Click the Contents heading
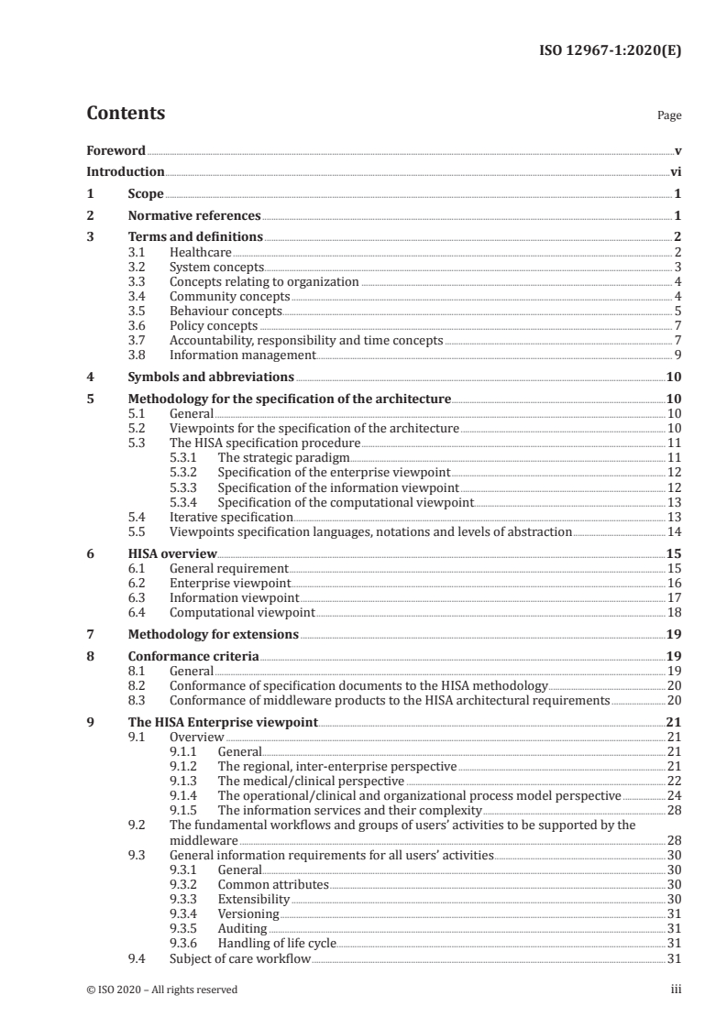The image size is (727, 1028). [126, 114]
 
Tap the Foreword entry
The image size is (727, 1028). [116, 150]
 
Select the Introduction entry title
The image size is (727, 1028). [126, 171]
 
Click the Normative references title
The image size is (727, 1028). [194, 216]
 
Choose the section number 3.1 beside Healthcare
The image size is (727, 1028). [137, 252]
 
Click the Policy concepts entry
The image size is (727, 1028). [214, 325]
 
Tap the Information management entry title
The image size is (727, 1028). [243, 355]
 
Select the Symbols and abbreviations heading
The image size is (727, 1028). [211, 377]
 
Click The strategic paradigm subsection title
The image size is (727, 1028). [284, 457]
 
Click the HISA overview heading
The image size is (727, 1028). [172, 553]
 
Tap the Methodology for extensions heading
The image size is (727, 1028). [214, 634]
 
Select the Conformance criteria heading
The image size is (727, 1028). [193, 656]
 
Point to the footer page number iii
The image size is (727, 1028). [676, 990]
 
